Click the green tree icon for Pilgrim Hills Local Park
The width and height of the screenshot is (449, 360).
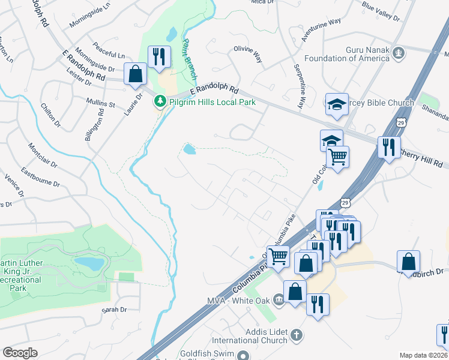160,102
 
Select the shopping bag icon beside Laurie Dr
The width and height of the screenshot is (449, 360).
136,74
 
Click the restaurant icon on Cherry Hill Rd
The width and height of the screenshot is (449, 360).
389,147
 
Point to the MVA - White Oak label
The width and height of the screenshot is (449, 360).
240,299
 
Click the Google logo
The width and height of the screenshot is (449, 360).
20,353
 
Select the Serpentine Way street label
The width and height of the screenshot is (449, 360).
298,87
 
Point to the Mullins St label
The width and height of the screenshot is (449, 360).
100,104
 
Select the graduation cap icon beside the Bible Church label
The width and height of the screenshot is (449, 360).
337,104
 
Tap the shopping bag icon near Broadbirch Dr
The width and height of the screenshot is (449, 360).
408,262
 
